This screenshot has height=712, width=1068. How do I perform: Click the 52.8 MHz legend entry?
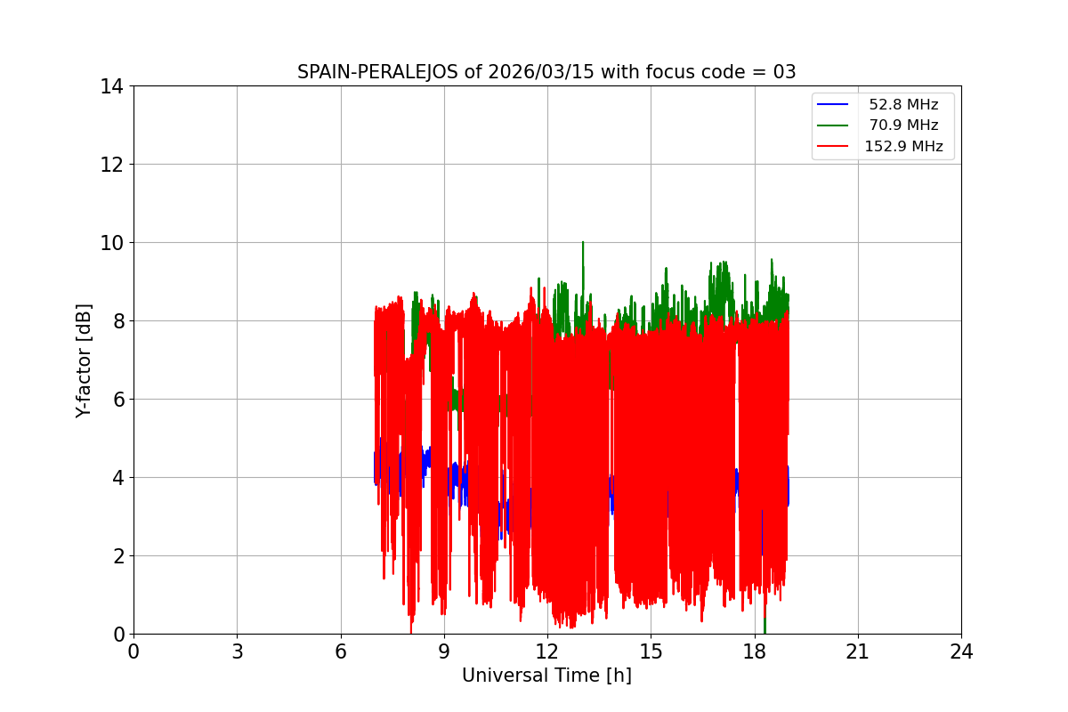(903, 105)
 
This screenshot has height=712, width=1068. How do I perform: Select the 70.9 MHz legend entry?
(903, 125)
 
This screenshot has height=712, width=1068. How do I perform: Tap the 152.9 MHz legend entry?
(903, 147)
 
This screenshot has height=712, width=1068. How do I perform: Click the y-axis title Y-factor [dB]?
(84, 360)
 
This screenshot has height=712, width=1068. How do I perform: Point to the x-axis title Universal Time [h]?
(546, 676)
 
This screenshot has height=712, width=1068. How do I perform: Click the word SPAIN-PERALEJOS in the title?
(378, 72)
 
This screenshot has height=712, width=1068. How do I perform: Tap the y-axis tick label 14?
(111, 86)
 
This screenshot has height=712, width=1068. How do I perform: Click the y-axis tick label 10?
(111, 243)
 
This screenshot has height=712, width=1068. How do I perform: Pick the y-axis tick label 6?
(117, 400)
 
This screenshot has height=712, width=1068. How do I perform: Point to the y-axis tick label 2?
(117, 556)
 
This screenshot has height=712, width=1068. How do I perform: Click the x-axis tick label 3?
(237, 651)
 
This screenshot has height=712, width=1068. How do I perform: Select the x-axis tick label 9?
(444, 651)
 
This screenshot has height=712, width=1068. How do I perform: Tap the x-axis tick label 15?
(651, 651)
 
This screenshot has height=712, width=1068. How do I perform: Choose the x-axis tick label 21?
(858, 651)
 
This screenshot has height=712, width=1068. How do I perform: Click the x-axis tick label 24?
(961, 651)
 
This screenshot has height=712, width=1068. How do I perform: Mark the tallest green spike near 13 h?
(583, 243)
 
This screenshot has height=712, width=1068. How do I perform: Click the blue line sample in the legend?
(833, 105)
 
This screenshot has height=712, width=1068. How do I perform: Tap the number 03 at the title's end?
(784, 72)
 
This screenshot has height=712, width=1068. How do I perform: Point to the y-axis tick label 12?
(111, 165)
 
